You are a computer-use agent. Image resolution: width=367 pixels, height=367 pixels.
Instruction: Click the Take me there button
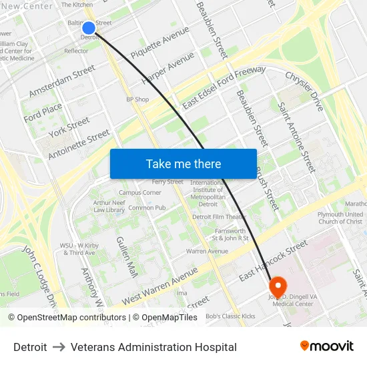click(183, 163)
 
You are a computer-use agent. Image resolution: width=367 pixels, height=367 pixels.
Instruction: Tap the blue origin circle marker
click(89, 27)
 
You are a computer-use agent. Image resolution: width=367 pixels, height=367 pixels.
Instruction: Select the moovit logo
click(327, 346)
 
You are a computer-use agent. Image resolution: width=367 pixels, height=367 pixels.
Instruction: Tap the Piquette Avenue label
click(160, 42)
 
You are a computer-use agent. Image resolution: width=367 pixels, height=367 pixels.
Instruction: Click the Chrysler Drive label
click(304, 91)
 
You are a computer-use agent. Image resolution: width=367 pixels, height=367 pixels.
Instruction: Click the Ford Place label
click(43, 113)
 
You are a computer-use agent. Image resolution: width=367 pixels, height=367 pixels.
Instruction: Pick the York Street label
click(69, 126)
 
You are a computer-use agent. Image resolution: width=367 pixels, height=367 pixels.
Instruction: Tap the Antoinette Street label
click(79, 145)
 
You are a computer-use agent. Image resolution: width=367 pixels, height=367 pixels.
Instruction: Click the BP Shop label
click(137, 99)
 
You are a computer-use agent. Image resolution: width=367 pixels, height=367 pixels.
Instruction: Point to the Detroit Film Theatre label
click(220, 217)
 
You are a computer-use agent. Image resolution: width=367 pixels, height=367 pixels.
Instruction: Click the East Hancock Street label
click(264, 264)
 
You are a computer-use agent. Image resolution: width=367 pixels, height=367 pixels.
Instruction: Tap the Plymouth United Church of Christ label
click(341, 218)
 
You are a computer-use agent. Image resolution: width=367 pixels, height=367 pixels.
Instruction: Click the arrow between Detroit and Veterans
click(59, 347)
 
